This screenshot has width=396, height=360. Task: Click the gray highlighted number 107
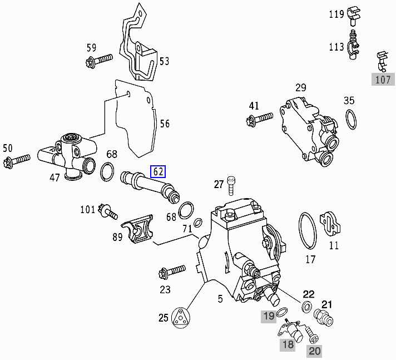(383, 80)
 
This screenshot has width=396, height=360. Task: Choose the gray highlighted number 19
(269, 317)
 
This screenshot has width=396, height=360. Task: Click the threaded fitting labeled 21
(324, 318)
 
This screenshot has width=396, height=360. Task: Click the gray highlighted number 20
(315, 351)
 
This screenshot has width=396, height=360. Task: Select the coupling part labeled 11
(330, 225)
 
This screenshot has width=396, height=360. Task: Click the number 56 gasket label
(165, 124)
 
